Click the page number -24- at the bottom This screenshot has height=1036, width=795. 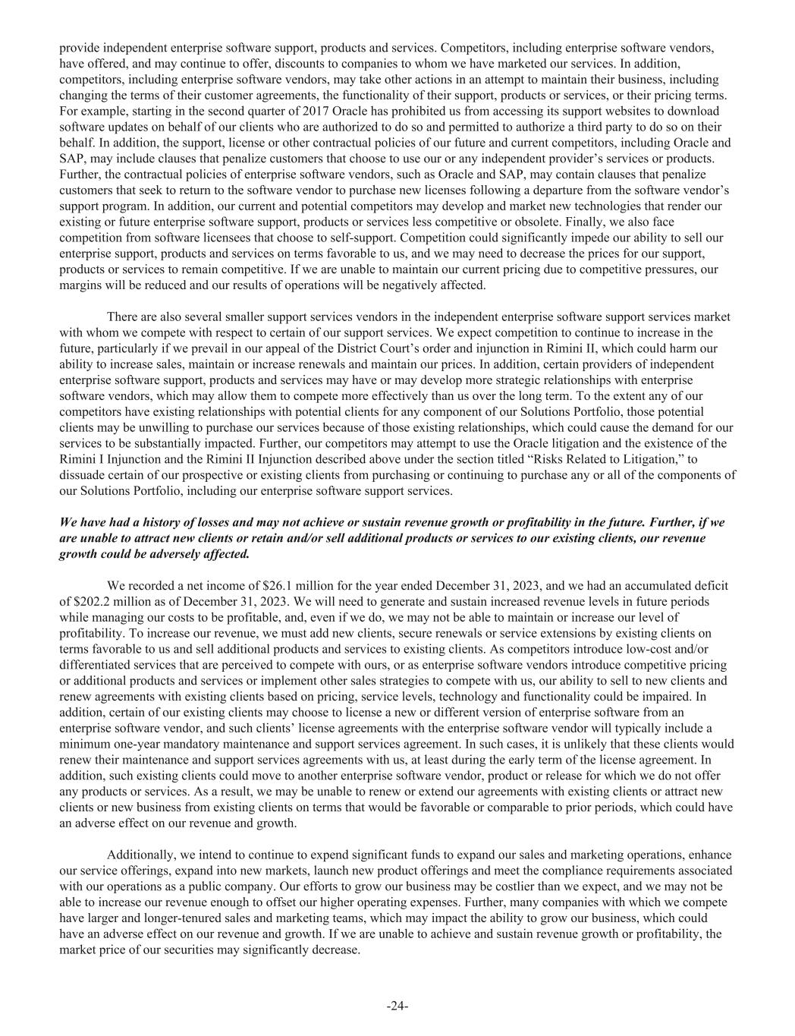click(397, 1006)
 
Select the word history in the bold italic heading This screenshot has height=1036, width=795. click(156, 523)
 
